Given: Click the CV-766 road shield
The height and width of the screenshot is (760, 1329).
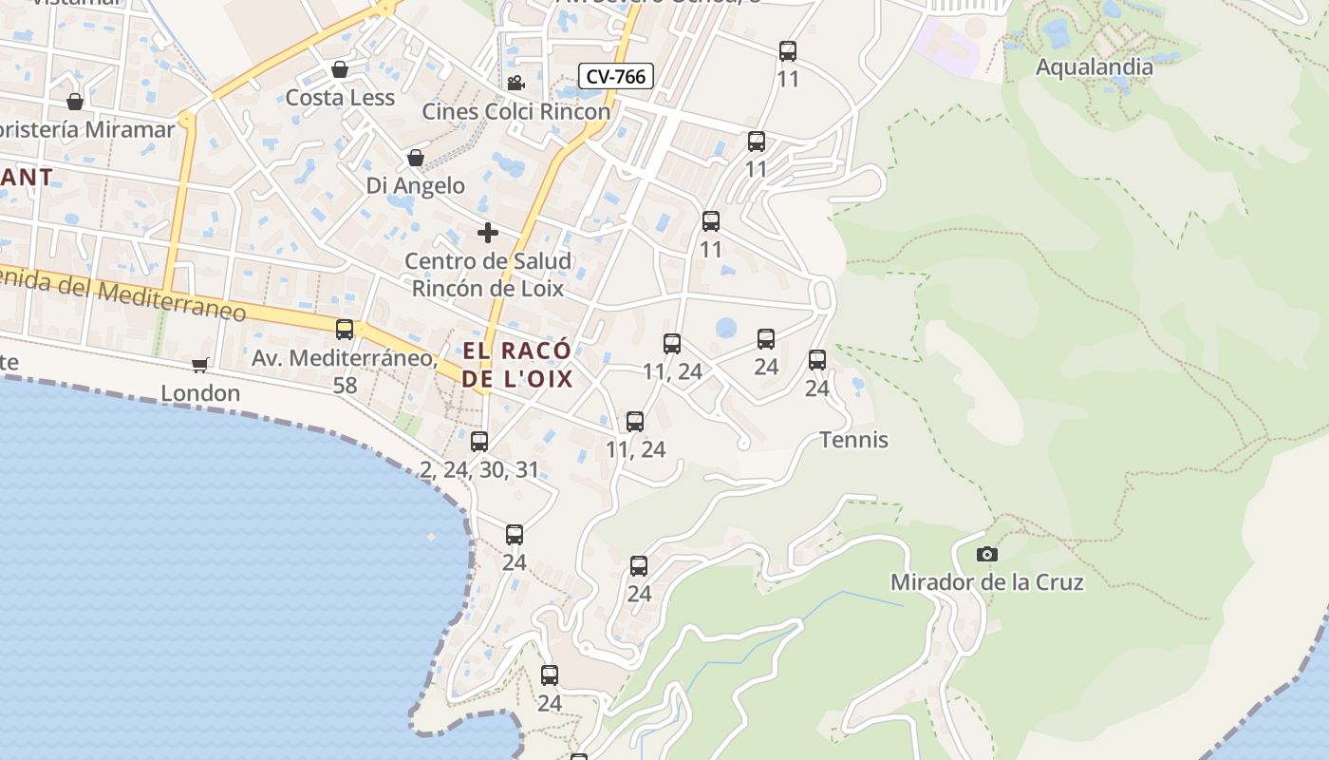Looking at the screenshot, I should (617, 76).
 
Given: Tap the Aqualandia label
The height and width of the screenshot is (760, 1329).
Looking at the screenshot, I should (1094, 67).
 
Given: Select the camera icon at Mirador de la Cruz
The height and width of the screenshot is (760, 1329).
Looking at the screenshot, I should (987, 554).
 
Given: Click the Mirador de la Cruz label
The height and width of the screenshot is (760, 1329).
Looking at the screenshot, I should (986, 581).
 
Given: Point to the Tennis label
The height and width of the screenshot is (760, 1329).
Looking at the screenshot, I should (853, 440).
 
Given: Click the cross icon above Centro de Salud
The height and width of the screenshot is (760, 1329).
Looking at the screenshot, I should (488, 233).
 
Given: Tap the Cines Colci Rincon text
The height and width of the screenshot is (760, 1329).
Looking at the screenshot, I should (516, 111).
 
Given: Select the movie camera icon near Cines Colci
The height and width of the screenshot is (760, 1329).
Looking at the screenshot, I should (515, 84).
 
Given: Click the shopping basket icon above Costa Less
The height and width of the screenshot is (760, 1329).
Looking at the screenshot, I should (340, 69).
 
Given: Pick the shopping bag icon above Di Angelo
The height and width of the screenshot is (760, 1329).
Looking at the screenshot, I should (416, 157).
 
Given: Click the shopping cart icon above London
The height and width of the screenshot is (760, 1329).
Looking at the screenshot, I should (200, 365).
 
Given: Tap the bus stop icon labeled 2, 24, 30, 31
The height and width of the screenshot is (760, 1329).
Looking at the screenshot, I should (479, 442).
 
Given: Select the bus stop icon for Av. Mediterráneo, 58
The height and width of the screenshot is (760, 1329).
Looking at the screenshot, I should (345, 330).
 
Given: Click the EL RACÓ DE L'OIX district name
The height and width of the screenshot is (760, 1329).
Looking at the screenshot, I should (517, 365).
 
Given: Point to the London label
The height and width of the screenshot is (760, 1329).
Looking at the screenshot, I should (200, 393).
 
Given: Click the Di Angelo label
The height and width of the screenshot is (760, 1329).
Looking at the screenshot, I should (416, 185).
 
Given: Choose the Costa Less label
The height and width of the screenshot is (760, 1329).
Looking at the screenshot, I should (340, 98).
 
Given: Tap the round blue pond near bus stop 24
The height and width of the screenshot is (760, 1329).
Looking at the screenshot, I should (726, 328).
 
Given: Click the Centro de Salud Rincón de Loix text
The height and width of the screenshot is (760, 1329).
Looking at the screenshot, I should (488, 275).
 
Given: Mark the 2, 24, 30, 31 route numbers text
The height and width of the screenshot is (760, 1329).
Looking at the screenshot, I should (479, 469).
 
